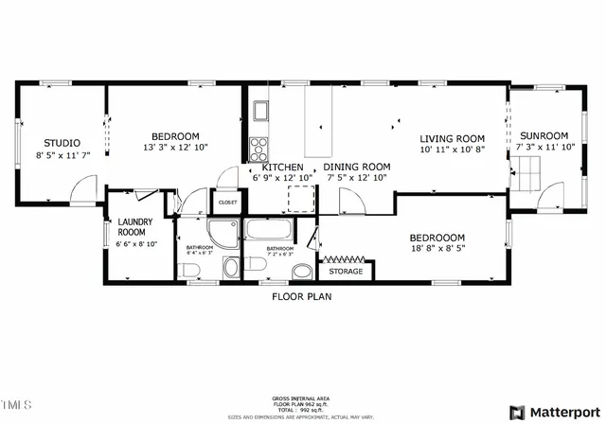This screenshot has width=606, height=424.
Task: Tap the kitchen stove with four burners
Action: pyautogui.click(x=258, y=149)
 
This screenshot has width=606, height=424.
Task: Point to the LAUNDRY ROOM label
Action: pyautogui.click(x=131, y=227)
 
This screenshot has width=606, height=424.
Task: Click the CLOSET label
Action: pyautogui.click(x=228, y=203)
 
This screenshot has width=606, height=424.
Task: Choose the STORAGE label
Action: pyautogui.click(x=345, y=272)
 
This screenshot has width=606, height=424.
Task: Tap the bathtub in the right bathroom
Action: pyautogui.click(x=269, y=230)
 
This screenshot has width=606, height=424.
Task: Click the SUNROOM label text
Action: pyautogui.click(x=544, y=135)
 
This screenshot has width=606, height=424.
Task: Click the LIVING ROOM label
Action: pyautogui.click(x=453, y=138)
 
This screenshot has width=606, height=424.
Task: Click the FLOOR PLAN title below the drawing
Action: pyautogui.click(x=302, y=295)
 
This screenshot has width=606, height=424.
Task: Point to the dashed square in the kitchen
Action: pyautogui.click(x=301, y=196)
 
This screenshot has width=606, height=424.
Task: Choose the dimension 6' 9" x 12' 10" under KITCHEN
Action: pyautogui.click(x=281, y=177)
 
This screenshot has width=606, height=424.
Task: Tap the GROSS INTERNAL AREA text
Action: pyautogui.click(x=302, y=398)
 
